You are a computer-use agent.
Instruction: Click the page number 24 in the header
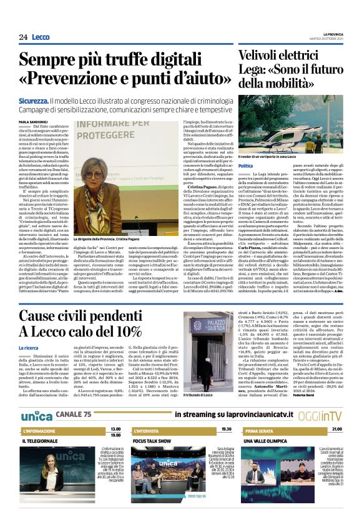[x=23, y=37]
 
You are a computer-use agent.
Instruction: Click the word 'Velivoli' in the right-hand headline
[x=262, y=56]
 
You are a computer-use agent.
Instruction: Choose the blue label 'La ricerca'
[x=29, y=348]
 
